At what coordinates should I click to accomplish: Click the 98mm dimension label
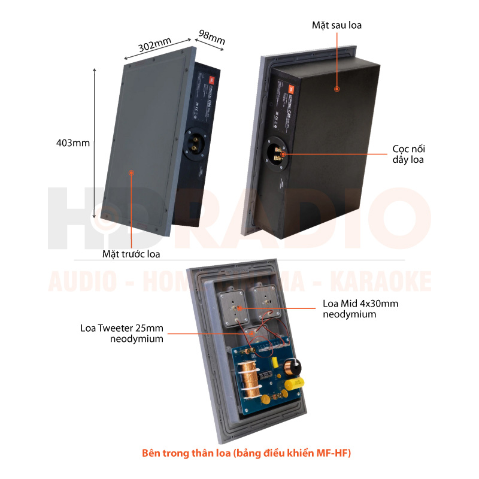(211, 37)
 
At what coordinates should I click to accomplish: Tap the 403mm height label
(72, 143)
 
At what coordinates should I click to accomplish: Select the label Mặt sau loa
(336, 25)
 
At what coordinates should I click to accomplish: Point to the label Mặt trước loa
(131, 254)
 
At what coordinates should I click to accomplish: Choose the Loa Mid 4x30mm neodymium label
(360, 308)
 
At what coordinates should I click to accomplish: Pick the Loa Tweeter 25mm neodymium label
(122, 333)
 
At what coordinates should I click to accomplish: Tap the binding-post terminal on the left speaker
(198, 145)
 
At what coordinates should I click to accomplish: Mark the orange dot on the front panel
(131, 172)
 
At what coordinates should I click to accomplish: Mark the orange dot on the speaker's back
(337, 89)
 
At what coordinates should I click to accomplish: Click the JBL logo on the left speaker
(212, 78)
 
